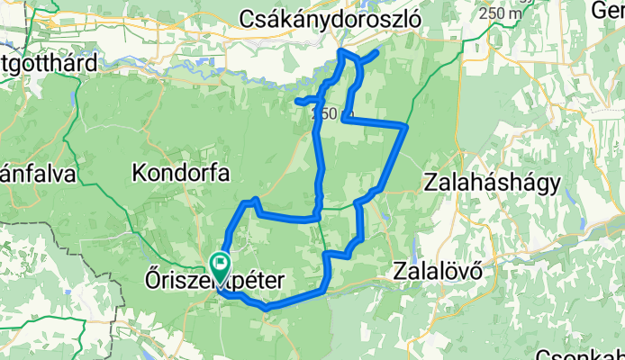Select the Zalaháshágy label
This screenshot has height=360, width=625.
click(x=493, y=183)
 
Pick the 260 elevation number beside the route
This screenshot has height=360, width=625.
click(x=324, y=114)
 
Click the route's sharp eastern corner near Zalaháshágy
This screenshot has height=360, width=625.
click(x=407, y=127)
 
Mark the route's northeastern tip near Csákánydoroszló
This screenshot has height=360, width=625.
click(x=375, y=51)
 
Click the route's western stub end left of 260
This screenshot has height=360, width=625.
click(x=296, y=101)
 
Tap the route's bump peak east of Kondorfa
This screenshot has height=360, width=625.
click(x=257, y=199)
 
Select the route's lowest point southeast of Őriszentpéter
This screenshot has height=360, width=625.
click(x=267, y=308)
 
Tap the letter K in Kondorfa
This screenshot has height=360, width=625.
click(x=139, y=171)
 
